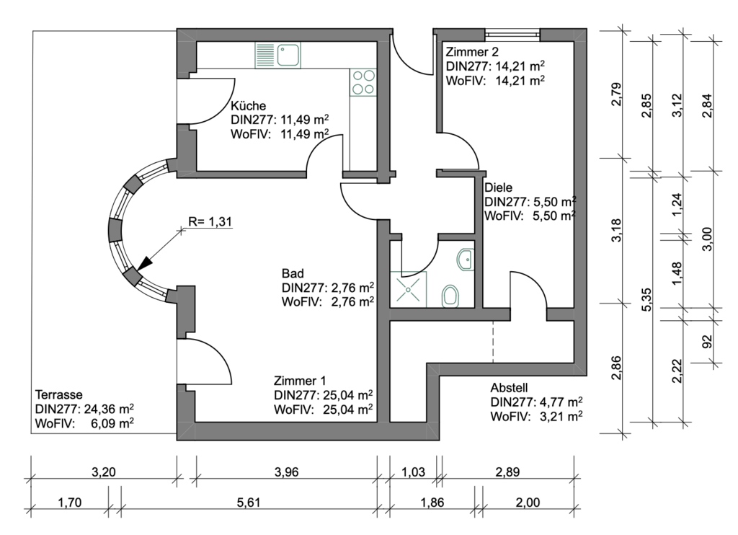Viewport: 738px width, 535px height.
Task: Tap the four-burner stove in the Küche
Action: (x=363, y=81)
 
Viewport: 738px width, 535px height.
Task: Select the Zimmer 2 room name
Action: (x=473, y=52)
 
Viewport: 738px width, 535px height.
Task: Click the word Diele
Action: (x=498, y=187)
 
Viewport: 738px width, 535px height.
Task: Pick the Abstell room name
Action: (x=510, y=386)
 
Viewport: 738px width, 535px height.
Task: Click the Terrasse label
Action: (x=59, y=395)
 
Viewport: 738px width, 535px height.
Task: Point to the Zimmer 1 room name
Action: (x=301, y=381)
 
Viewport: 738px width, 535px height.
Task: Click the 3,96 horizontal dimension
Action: (x=286, y=472)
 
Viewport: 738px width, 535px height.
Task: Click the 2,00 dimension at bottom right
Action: (x=529, y=503)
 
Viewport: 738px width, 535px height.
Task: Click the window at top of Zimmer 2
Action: (x=512, y=32)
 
